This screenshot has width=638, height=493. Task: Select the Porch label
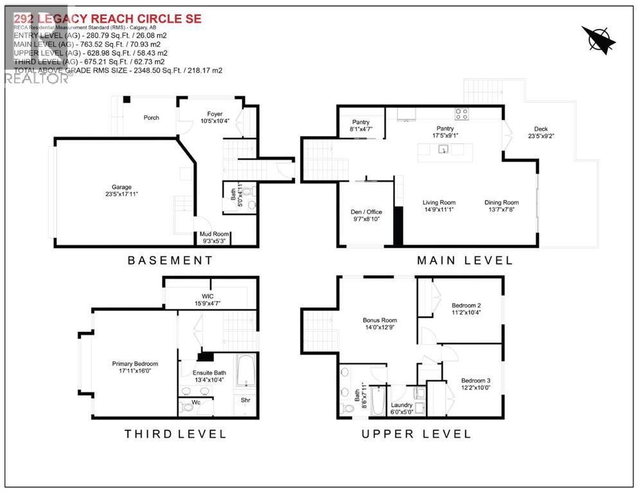152,117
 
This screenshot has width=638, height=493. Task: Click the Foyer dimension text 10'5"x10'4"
215,121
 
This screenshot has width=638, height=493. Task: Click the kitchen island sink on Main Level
443,150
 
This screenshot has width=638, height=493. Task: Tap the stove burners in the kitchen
461,114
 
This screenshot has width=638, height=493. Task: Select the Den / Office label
365,212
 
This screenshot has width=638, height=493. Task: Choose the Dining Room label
501,203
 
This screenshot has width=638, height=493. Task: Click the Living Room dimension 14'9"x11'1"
439,210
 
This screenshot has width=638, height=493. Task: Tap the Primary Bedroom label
135,364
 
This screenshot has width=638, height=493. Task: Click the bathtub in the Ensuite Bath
246,370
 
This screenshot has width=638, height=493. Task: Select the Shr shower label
245,400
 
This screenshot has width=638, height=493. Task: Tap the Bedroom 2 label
466,305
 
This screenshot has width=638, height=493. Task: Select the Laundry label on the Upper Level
401,405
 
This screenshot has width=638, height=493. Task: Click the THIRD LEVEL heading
175,434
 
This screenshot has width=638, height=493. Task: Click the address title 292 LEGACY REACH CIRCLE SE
108,19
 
